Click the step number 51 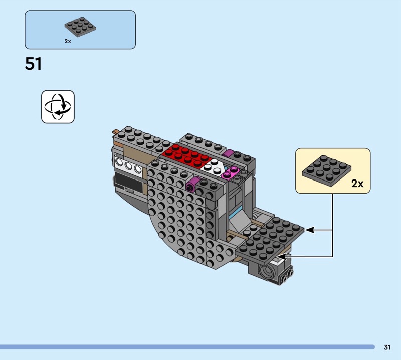tap(33, 64)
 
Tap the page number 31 tap(387, 347)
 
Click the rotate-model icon tap(58, 107)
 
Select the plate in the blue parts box tap(80, 27)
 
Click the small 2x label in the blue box tap(68, 41)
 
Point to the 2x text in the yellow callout tap(357, 184)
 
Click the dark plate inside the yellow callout tap(327, 170)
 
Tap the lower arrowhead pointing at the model tap(281, 256)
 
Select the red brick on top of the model tap(186, 155)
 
